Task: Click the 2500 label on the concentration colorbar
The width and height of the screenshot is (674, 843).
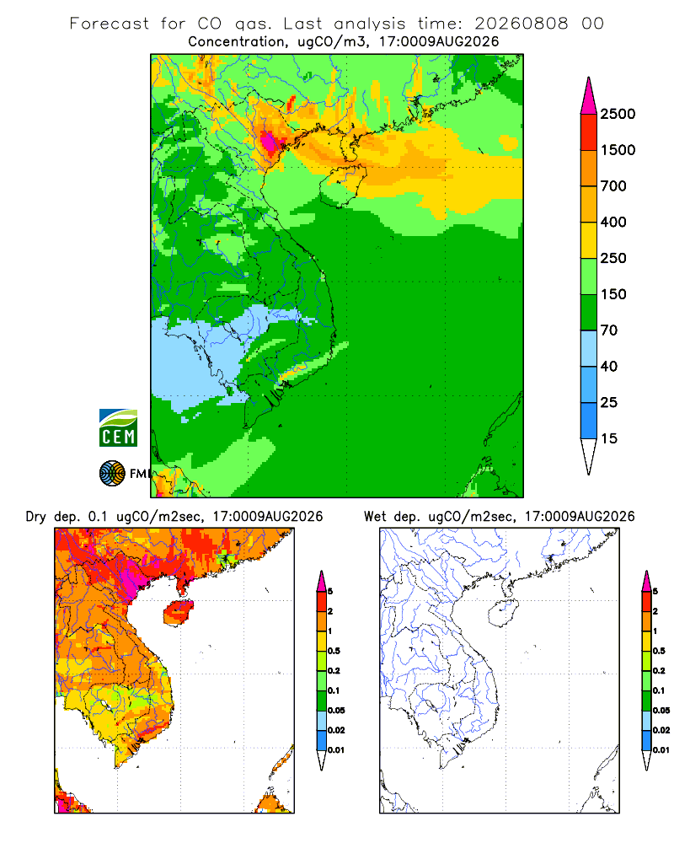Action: [x=618, y=114]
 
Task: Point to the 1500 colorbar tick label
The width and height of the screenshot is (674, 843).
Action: [x=618, y=150]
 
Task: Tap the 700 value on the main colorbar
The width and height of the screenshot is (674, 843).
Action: [x=613, y=186]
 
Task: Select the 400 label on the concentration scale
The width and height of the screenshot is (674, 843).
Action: [x=613, y=222]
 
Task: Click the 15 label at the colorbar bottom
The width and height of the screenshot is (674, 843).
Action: [x=609, y=438]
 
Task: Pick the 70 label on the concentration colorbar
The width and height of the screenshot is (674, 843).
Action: [x=609, y=330]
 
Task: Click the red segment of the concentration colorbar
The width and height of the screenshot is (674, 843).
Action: [x=589, y=132]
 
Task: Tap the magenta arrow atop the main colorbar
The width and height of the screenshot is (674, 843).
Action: [x=589, y=97]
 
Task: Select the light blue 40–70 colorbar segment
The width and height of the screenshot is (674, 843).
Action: [x=589, y=348]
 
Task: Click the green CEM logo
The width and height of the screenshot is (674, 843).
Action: [x=118, y=428]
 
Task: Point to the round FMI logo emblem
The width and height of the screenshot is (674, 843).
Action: [x=112, y=474]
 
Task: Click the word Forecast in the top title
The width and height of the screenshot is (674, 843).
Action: [x=110, y=24]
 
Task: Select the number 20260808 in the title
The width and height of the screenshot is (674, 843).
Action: [x=521, y=24]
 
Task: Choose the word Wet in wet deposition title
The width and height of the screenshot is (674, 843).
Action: [x=375, y=517]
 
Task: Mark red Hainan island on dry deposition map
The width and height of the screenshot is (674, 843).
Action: [x=178, y=613]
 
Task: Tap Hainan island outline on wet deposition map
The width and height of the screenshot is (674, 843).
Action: [x=503, y=613]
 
